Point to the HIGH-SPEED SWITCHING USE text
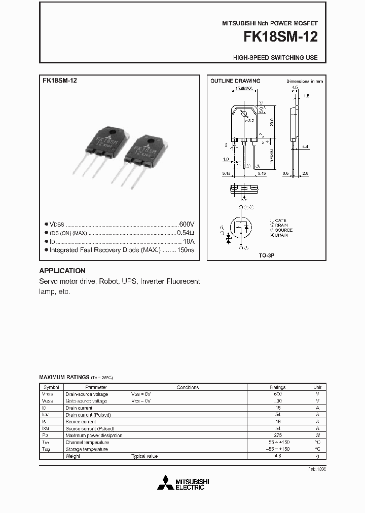[x=275, y=58]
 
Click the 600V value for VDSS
[x=186, y=224]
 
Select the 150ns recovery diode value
[x=185, y=250]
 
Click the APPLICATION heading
[x=62, y=271]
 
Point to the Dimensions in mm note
[x=304, y=81]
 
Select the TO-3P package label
[x=266, y=256]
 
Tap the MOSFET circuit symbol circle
[x=241, y=229]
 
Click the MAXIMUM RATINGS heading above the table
[x=63, y=378]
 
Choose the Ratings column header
[x=278, y=387]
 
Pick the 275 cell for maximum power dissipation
[x=278, y=435]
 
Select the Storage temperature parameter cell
[x=86, y=449]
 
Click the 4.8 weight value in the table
[x=278, y=456]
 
